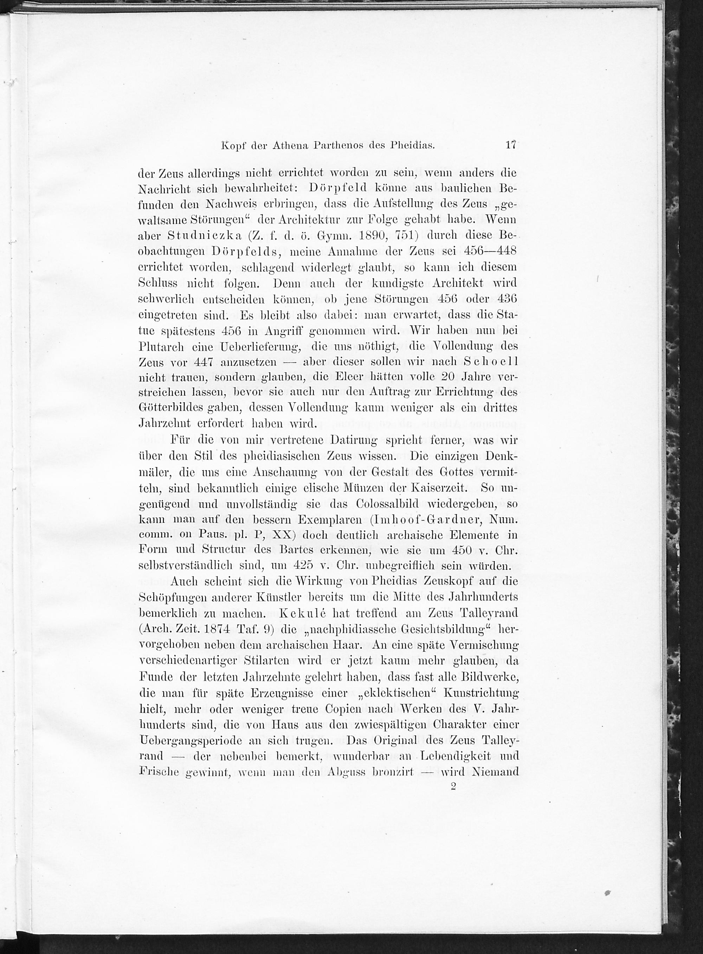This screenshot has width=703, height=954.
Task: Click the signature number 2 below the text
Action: pyautogui.click(x=453, y=786)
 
